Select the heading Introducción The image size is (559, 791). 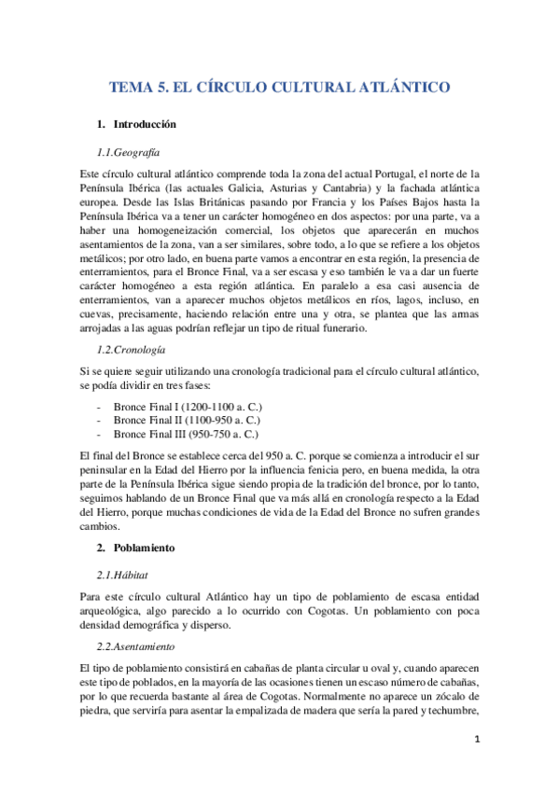[x=145, y=124]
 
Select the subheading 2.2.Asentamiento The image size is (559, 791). [x=136, y=646]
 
